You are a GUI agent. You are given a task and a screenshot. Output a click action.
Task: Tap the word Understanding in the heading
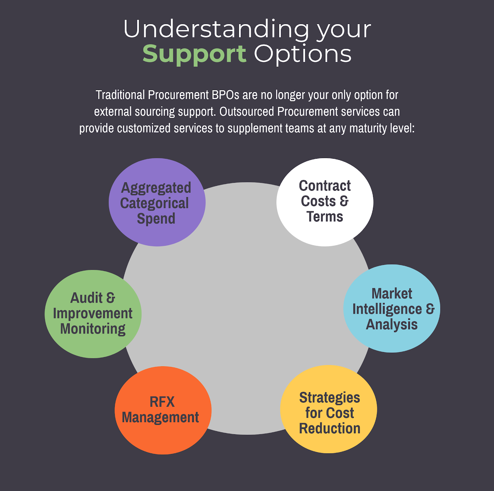point(216,29)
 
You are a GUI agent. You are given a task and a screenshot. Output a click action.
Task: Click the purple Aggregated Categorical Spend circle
point(157,202)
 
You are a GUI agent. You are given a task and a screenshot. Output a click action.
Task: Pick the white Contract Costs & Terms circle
point(325,202)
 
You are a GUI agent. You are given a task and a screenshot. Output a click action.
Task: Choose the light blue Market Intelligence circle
point(391,308)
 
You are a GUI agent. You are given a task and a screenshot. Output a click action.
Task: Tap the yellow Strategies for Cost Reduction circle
point(329,409)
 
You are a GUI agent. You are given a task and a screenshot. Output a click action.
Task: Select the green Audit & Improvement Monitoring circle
point(93,314)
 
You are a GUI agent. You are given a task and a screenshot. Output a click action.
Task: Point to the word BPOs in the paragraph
point(225,95)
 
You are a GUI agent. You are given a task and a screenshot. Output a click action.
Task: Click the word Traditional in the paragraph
point(120,95)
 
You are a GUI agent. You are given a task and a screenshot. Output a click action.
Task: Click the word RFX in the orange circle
point(162,402)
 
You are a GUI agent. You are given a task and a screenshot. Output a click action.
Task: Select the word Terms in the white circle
point(324,217)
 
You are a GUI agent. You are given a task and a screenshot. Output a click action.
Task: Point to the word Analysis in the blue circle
point(391,325)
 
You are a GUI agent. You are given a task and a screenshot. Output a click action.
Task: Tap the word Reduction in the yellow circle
point(329,429)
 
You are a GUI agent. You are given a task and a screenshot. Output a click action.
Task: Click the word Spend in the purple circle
point(156,219)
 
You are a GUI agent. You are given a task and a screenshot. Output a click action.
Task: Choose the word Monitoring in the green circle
point(93,329)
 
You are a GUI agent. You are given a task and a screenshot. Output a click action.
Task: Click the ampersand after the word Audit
point(111,298)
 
